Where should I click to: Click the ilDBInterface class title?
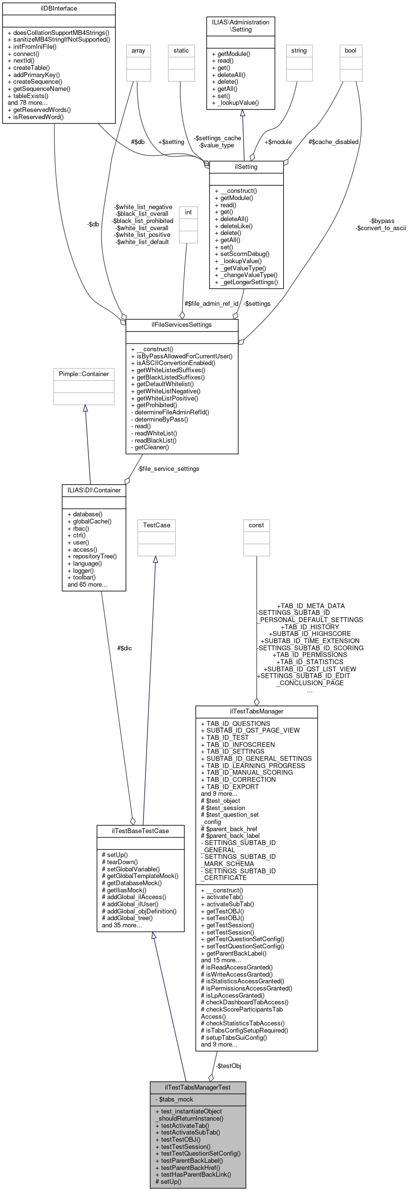59,8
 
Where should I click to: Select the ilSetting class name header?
246,167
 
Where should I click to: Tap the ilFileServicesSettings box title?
181,324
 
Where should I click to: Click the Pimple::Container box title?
84,374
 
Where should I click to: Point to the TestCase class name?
156,525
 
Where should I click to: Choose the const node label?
256,525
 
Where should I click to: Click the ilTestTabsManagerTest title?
198,1087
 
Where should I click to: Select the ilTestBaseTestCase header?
140,831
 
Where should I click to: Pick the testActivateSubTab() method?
190,1132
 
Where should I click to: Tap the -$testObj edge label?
228,1066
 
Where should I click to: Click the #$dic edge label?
124,648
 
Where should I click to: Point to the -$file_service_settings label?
168,468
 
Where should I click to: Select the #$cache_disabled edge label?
333,142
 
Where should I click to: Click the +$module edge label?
278,142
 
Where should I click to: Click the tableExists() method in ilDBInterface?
31,96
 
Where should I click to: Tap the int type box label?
188,212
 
